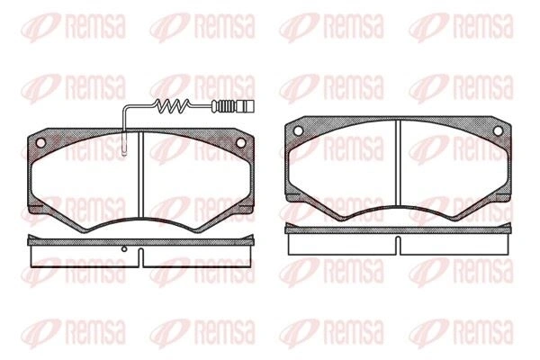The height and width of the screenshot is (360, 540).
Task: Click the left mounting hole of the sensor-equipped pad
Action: click(40, 142)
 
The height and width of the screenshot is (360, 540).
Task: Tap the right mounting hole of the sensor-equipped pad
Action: click(240, 142)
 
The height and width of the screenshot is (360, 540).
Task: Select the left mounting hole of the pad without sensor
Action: click(298, 130)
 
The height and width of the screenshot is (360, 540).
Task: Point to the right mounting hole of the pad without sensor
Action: click(498, 130)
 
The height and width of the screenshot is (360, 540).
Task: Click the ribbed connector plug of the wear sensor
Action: click(234, 106)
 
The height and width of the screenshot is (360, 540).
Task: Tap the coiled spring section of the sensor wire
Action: click(172, 106)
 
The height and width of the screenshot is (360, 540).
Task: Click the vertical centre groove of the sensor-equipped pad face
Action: click(140, 175)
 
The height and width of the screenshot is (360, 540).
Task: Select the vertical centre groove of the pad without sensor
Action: click(399, 163)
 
